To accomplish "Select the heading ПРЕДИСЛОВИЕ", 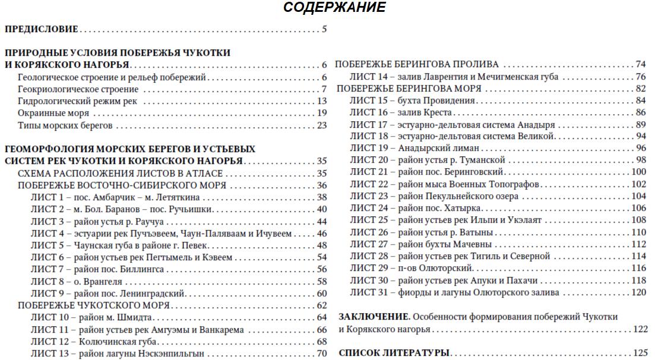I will point(42,29).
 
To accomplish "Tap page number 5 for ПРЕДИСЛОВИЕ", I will point(324,29).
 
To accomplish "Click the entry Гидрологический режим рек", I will point(77,101).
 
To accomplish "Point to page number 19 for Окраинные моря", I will point(322,113).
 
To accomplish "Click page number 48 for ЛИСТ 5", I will point(322,245).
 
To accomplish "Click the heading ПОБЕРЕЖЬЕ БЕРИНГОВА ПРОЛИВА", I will point(417,64).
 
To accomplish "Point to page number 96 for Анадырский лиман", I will point(640,148).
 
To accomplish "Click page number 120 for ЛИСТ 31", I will point(638,292).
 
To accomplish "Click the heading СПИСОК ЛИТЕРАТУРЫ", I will point(393,353).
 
